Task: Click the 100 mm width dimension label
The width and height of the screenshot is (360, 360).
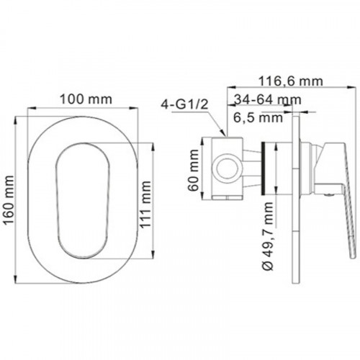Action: [x=86, y=99]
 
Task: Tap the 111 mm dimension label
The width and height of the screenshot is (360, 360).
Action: [x=145, y=204]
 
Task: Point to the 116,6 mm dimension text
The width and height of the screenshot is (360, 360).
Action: [x=290, y=81]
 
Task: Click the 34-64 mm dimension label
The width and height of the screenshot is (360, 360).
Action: [x=268, y=99]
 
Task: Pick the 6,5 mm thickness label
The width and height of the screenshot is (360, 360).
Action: [x=258, y=117]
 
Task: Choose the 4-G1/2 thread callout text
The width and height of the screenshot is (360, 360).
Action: [x=184, y=104]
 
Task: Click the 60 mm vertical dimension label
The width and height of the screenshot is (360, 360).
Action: [x=194, y=170]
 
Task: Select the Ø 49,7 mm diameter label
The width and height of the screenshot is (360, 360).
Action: [x=268, y=236]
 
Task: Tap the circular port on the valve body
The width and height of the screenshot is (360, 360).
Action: [x=227, y=168]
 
